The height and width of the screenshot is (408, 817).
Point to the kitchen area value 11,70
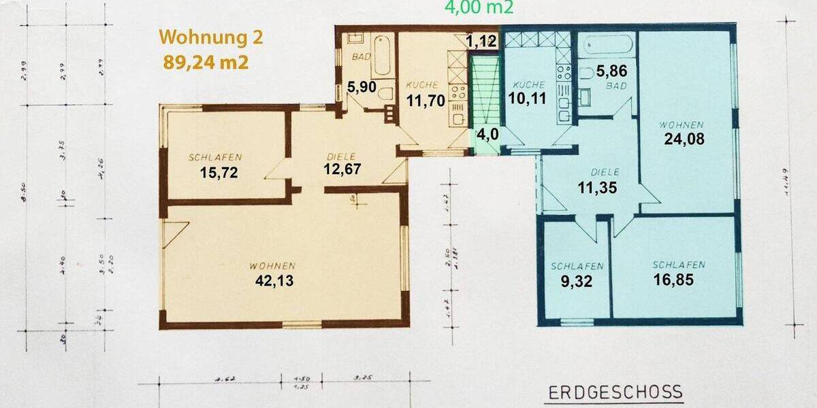pyautogui.click(x=426, y=101)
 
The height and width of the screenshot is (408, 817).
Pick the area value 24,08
pyautogui.click(x=685, y=139)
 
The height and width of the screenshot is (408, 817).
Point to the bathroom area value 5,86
pyautogui.click(x=611, y=70)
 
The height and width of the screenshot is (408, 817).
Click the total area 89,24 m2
pyautogui.click(x=205, y=62)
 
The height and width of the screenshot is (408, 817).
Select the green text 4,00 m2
pyautogui.click(x=479, y=7)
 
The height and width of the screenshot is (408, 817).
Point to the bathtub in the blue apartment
pyautogui.click(x=609, y=45)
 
